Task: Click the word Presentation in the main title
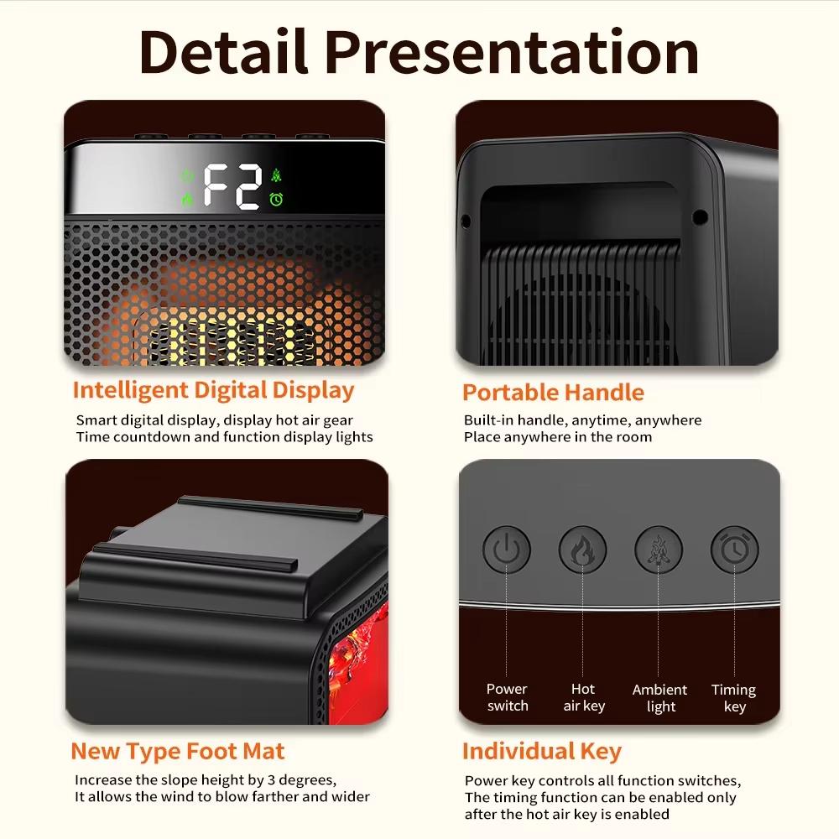click(x=512, y=52)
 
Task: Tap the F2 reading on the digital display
click(x=232, y=186)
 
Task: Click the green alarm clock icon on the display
click(x=276, y=200)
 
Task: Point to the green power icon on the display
click(x=187, y=176)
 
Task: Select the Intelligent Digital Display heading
click(x=213, y=390)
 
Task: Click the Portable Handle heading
click(x=553, y=393)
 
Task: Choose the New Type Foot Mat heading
click(x=178, y=751)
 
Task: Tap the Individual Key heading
click(x=541, y=751)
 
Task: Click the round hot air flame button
click(x=583, y=550)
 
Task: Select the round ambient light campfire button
click(x=659, y=550)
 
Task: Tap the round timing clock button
click(x=734, y=550)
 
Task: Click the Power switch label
click(x=508, y=697)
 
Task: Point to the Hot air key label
click(x=583, y=697)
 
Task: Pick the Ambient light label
click(x=659, y=697)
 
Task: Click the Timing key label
click(x=733, y=697)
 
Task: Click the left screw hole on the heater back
click(x=466, y=221)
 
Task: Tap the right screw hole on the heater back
click(x=699, y=217)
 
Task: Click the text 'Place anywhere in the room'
click(x=557, y=437)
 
